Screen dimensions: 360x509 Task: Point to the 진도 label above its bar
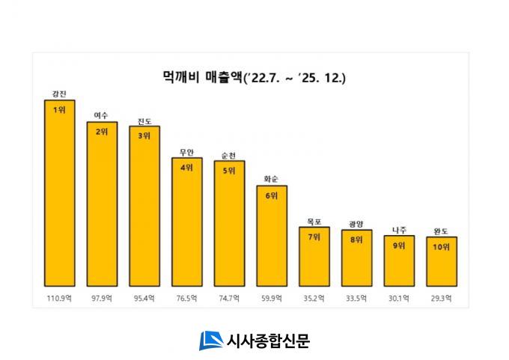click(x=144, y=120)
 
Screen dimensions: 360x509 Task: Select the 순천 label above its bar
click(x=229, y=155)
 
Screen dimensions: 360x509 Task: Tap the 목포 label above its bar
click(x=314, y=221)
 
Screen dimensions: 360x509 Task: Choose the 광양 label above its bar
click(x=356, y=224)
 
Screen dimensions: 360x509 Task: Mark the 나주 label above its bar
click(x=399, y=230)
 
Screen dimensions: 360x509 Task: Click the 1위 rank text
click(x=59, y=109)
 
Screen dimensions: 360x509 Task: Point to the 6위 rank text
click(x=272, y=195)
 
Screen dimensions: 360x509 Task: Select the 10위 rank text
click(x=442, y=247)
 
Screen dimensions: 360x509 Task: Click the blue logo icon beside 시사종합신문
click(x=210, y=340)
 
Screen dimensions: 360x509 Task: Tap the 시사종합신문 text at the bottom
click(x=267, y=341)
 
